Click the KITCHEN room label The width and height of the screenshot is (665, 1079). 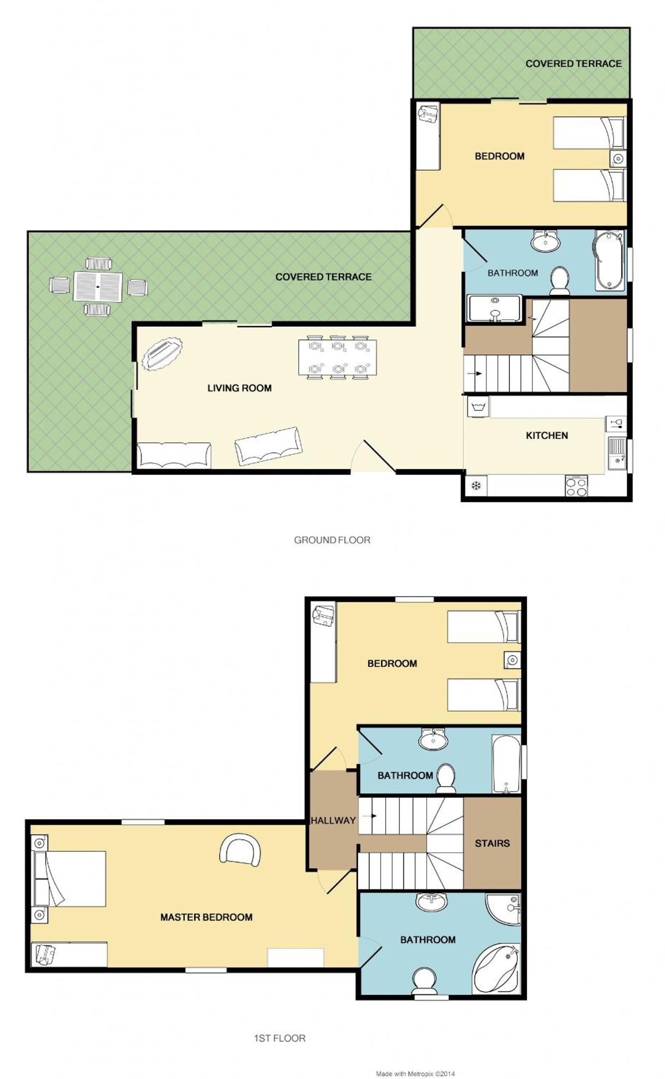(547, 435)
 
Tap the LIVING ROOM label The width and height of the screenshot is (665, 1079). (239, 388)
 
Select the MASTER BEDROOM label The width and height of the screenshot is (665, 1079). (206, 917)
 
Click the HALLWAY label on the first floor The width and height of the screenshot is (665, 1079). (333, 820)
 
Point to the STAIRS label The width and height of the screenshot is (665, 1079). (492, 843)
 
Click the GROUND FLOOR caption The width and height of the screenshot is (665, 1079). (332, 540)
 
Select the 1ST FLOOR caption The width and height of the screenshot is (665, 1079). (280, 1038)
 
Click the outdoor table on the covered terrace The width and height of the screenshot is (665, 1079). (98, 287)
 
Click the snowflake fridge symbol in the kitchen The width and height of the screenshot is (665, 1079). (476, 486)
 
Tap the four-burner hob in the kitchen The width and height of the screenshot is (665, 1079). (576, 486)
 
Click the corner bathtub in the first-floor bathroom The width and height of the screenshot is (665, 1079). (497, 969)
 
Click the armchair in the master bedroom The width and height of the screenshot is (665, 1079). (240, 850)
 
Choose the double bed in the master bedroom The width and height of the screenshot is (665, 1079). (69, 879)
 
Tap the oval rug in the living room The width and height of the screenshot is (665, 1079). (162, 354)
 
